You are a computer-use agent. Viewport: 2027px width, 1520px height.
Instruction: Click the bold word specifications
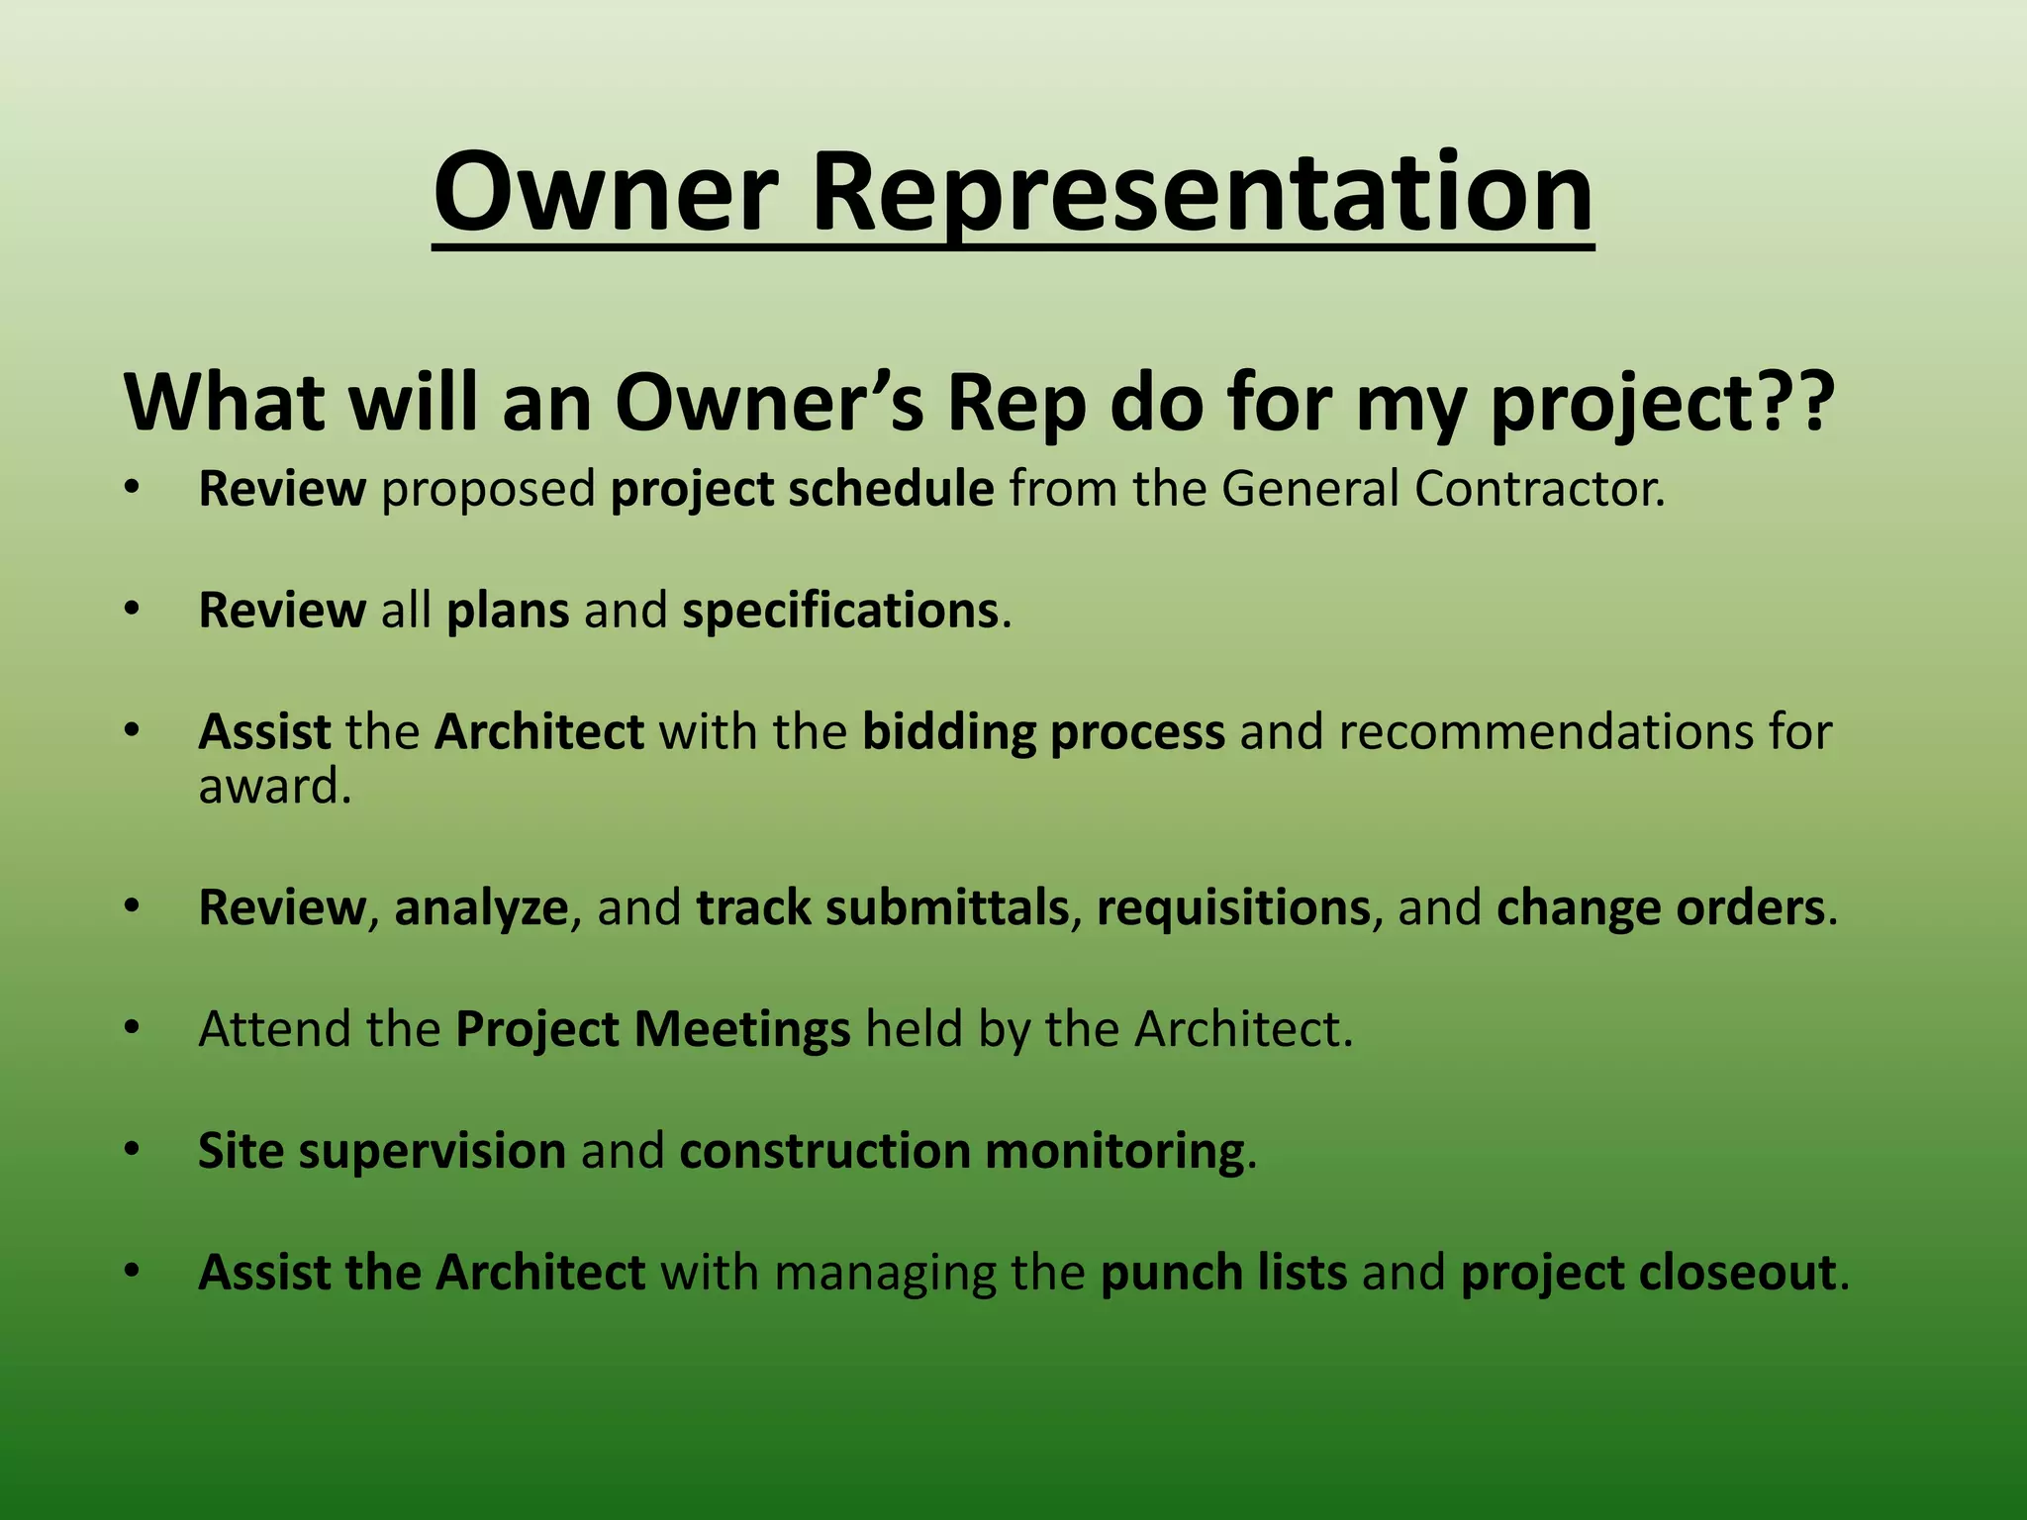pyautogui.click(x=840, y=611)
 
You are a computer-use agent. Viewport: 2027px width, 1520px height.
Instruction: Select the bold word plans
pyautogui.click(x=508, y=611)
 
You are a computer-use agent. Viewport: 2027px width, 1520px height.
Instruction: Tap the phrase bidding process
pyautogui.click(x=1043, y=732)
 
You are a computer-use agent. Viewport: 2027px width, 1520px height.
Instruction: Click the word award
pyautogui.click(x=273, y=788)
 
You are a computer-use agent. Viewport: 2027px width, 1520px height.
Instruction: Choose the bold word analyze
pyautogui.click(x=481, y=907)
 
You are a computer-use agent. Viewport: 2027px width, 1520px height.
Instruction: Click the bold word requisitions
pyautogui.click(x=1233, y=907)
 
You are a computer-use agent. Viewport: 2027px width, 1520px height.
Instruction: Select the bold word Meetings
pyautogui.click(x=742, y=1029)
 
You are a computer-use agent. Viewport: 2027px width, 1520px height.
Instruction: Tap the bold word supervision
pyautogui.click(x=432, y=1151)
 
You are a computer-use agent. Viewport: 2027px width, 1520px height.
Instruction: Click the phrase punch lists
pyautogui.click(x=1223, y=1273)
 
